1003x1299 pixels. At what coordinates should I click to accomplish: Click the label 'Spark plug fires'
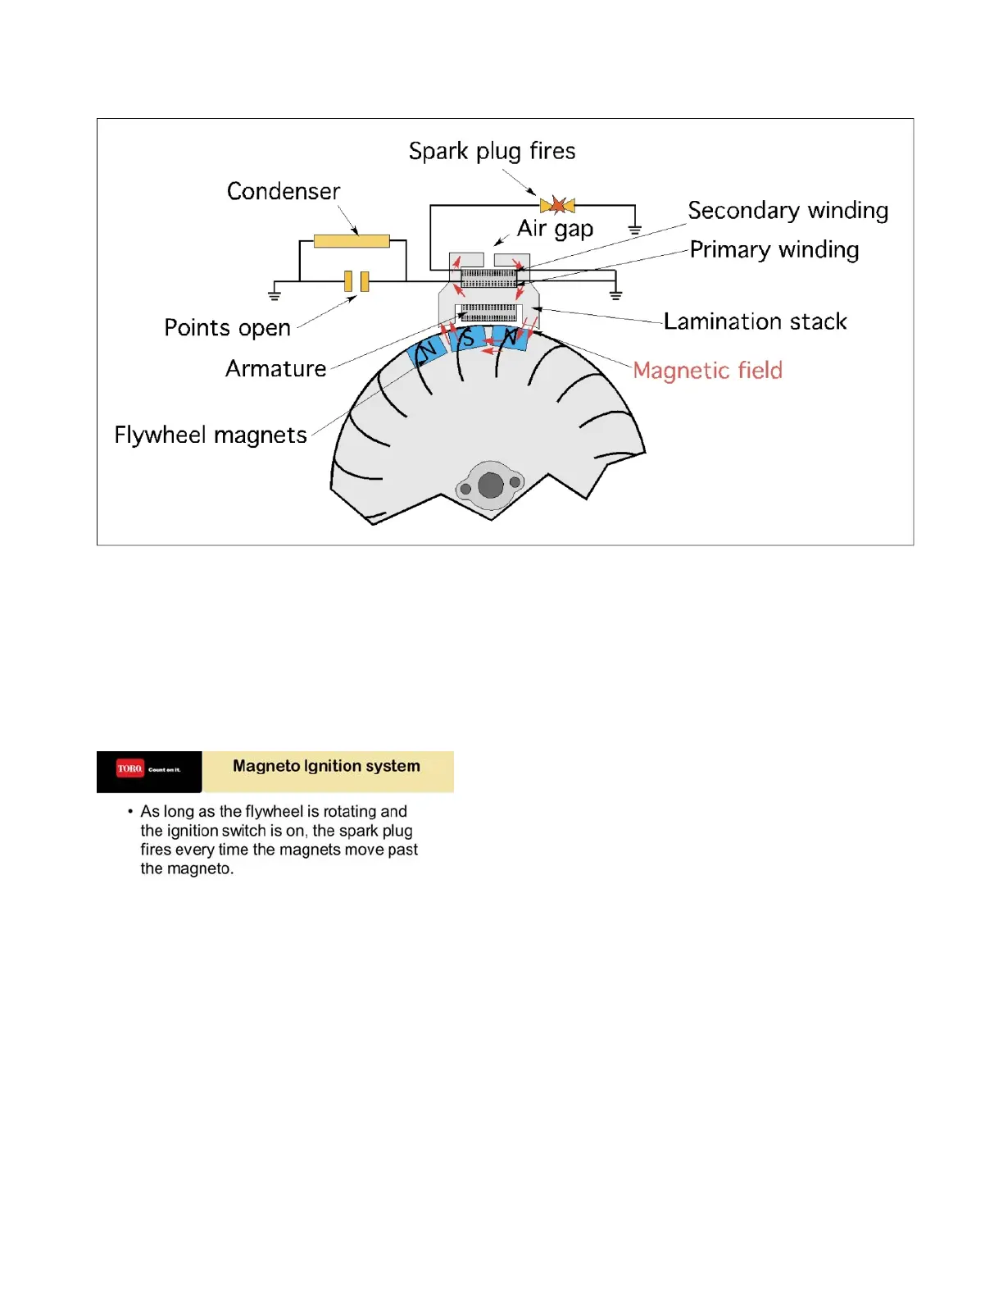(x=492, y=152)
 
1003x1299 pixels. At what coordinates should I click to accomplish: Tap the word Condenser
(x=284, y=191)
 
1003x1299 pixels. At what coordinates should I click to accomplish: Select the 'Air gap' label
(x=555, y=229)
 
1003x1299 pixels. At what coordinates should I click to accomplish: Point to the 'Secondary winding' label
(x=787, y=211)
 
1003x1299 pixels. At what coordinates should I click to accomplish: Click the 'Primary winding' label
(x=774, y=249)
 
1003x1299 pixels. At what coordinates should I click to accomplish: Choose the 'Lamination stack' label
(x=755, y=321)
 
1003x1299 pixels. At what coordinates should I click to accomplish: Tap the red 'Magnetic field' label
(x=707, y=371)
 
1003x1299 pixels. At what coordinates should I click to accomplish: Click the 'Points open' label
(x=227, y=328)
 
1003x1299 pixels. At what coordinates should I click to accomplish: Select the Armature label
(x=275, y=369)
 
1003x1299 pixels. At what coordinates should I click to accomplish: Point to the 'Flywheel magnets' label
(x=211, y=435)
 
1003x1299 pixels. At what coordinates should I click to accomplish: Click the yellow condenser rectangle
(x=352, y=241)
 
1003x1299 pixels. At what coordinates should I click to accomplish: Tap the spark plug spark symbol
(x=558, y=205)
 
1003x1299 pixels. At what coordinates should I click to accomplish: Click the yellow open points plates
(x=356, y=281)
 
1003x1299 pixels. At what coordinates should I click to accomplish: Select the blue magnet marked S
(x=467, y=338)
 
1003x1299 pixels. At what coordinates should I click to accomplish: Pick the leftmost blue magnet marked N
(x=427, y=353)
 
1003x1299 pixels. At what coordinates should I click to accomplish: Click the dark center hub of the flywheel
(x=490, y=485)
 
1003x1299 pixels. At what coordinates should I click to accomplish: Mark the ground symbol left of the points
(x=275, y=294)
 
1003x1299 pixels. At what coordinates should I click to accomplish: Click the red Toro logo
(x=129, y=768)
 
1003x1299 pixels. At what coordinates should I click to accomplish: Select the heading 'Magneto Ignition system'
(x=326, y=766)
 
